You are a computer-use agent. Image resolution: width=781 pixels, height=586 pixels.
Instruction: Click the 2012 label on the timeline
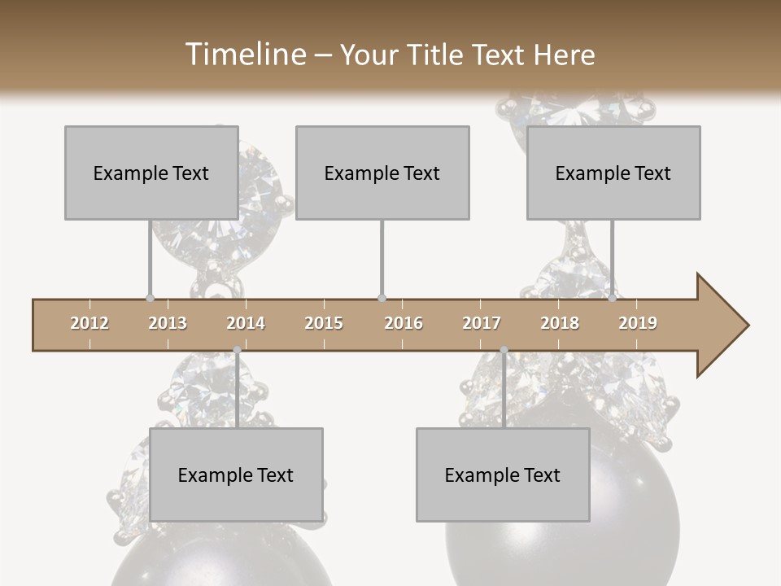click(x=89, y=323)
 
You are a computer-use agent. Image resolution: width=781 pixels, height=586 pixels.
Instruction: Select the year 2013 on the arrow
click(x=168, y=323)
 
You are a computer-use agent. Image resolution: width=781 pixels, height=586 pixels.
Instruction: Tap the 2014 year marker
click(x=246, y=323)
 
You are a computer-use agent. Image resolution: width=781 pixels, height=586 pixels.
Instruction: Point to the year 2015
click(x=324, y=323)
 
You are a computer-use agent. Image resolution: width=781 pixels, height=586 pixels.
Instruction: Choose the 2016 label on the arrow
click(x=404, y=323)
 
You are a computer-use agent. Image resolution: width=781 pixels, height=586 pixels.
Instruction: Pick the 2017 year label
click(x=482, y=323)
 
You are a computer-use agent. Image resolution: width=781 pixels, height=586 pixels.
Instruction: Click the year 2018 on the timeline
click(x=560, y=323)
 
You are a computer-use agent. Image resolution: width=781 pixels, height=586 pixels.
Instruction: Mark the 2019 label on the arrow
click(x=638, y=323)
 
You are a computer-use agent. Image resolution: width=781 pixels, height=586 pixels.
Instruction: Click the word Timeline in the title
click(x=244, y=55)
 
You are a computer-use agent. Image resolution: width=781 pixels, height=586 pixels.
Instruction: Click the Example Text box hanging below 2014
click(x=236, y=474)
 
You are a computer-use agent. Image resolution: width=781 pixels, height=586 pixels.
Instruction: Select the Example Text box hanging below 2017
click(x=503, y=474)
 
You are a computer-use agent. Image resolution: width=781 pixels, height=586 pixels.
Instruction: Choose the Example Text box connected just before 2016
click(x=382, y=173)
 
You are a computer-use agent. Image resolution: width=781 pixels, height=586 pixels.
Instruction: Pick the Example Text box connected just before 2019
click(x=613, y=173)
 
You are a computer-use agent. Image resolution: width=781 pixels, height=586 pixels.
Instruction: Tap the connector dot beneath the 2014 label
click(x=237, y=350)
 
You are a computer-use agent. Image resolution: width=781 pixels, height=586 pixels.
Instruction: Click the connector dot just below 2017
click(x=504, y=350)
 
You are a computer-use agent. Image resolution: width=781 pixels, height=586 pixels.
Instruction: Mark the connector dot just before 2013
click(x=150, y=298)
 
